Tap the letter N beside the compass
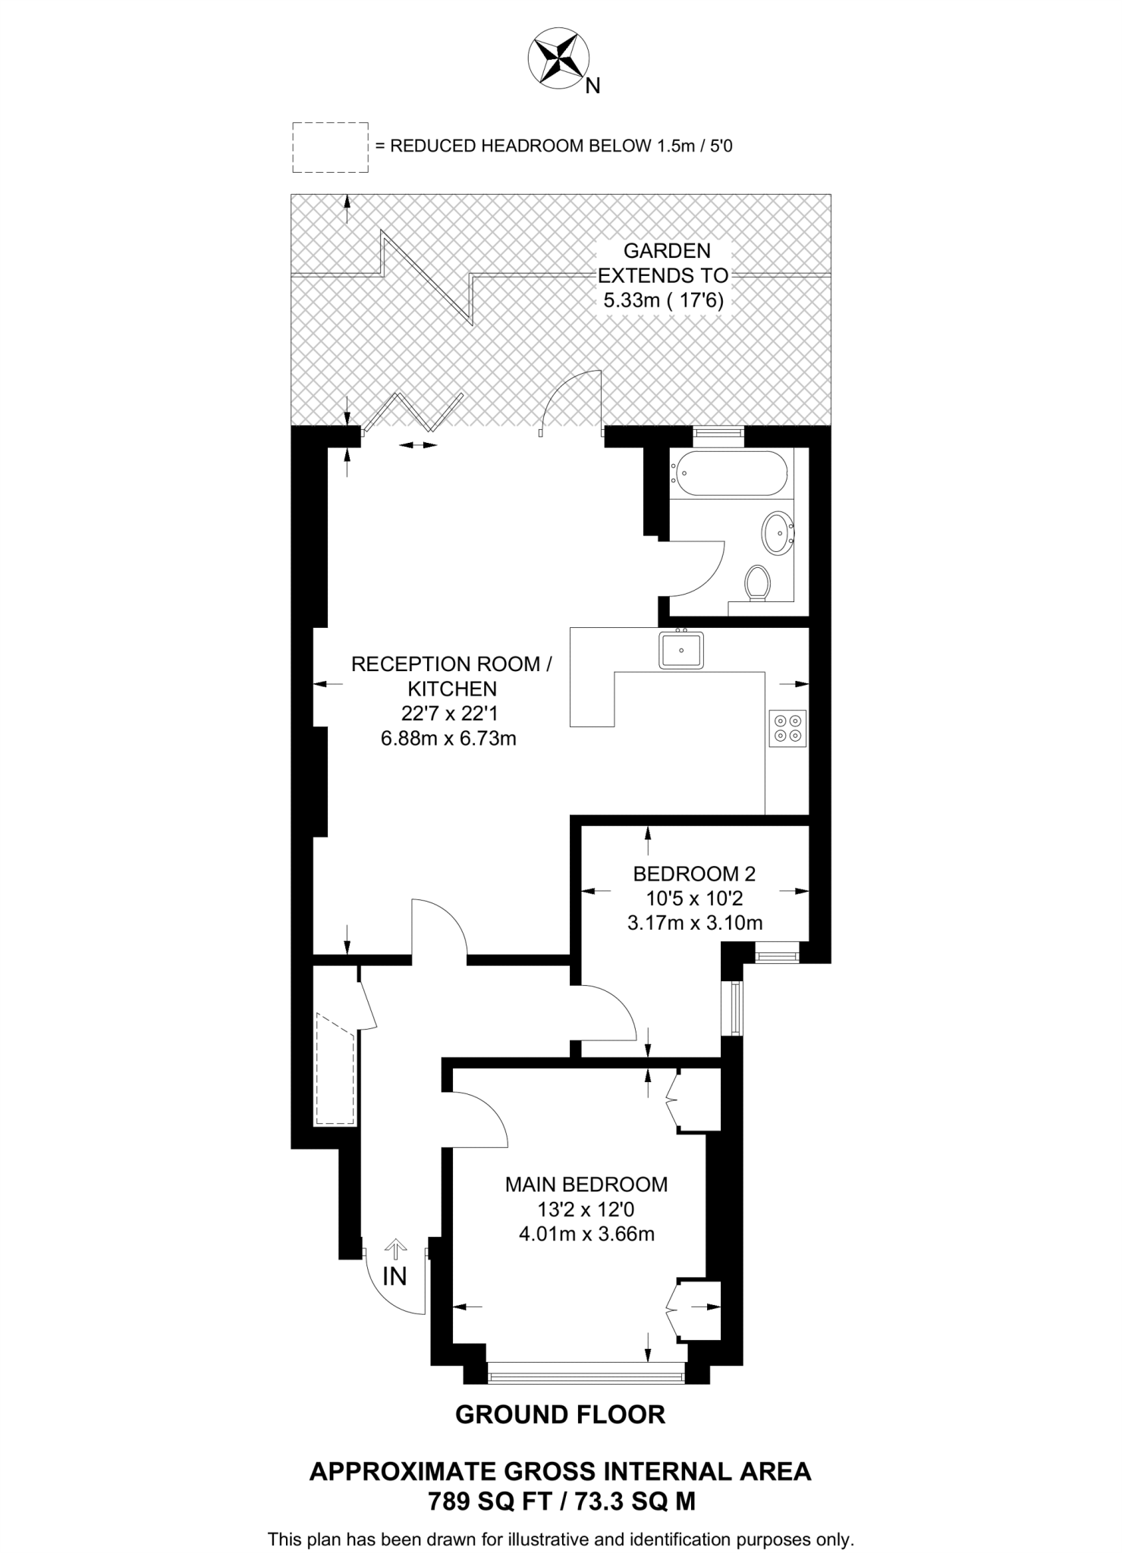pyautogui.click(x=593, y=86)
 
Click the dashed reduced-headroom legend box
pyautogui.click(x=330, y=147)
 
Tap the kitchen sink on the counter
pyautogui.click(x=680, y=651)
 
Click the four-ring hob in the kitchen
pyautogui.click(x=787, y=728)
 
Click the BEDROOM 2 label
pyautogui.click(x=694, y=874)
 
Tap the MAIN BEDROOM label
pyautogui.click(x=586, y=1184)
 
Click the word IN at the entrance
pyautogui.click(x=394, y=1277)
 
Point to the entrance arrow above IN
pyautogui.click(x=394, y=1247)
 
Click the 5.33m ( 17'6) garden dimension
pyautogui.click(x=663, y=300)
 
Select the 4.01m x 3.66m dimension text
pyautogui.click(x=586, y=1234)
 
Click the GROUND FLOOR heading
pyautogui.click(x=560, y=1414)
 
